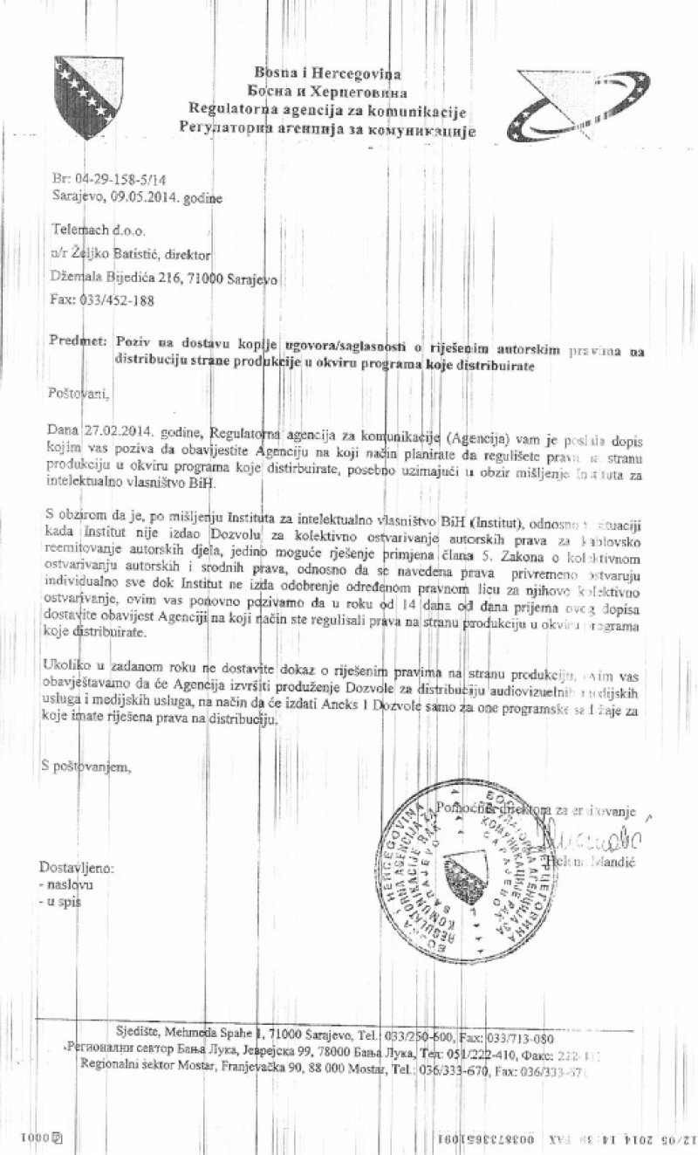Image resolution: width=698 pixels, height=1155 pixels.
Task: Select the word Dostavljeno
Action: coord(78,869)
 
